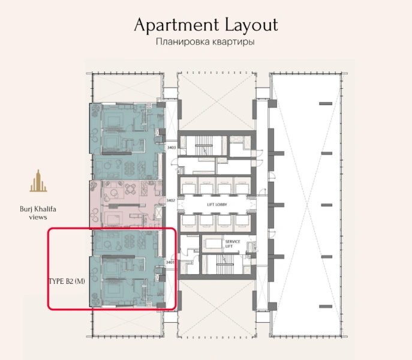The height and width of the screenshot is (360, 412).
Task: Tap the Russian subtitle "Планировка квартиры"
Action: [x=206, y=43]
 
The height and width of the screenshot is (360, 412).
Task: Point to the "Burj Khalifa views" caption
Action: [x=38, y=213]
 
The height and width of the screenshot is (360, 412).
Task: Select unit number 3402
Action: [x=170, y=201]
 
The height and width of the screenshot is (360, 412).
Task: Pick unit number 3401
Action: [x=170, y=262]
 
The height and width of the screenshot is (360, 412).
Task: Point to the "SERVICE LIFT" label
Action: [x=233, y=244]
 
